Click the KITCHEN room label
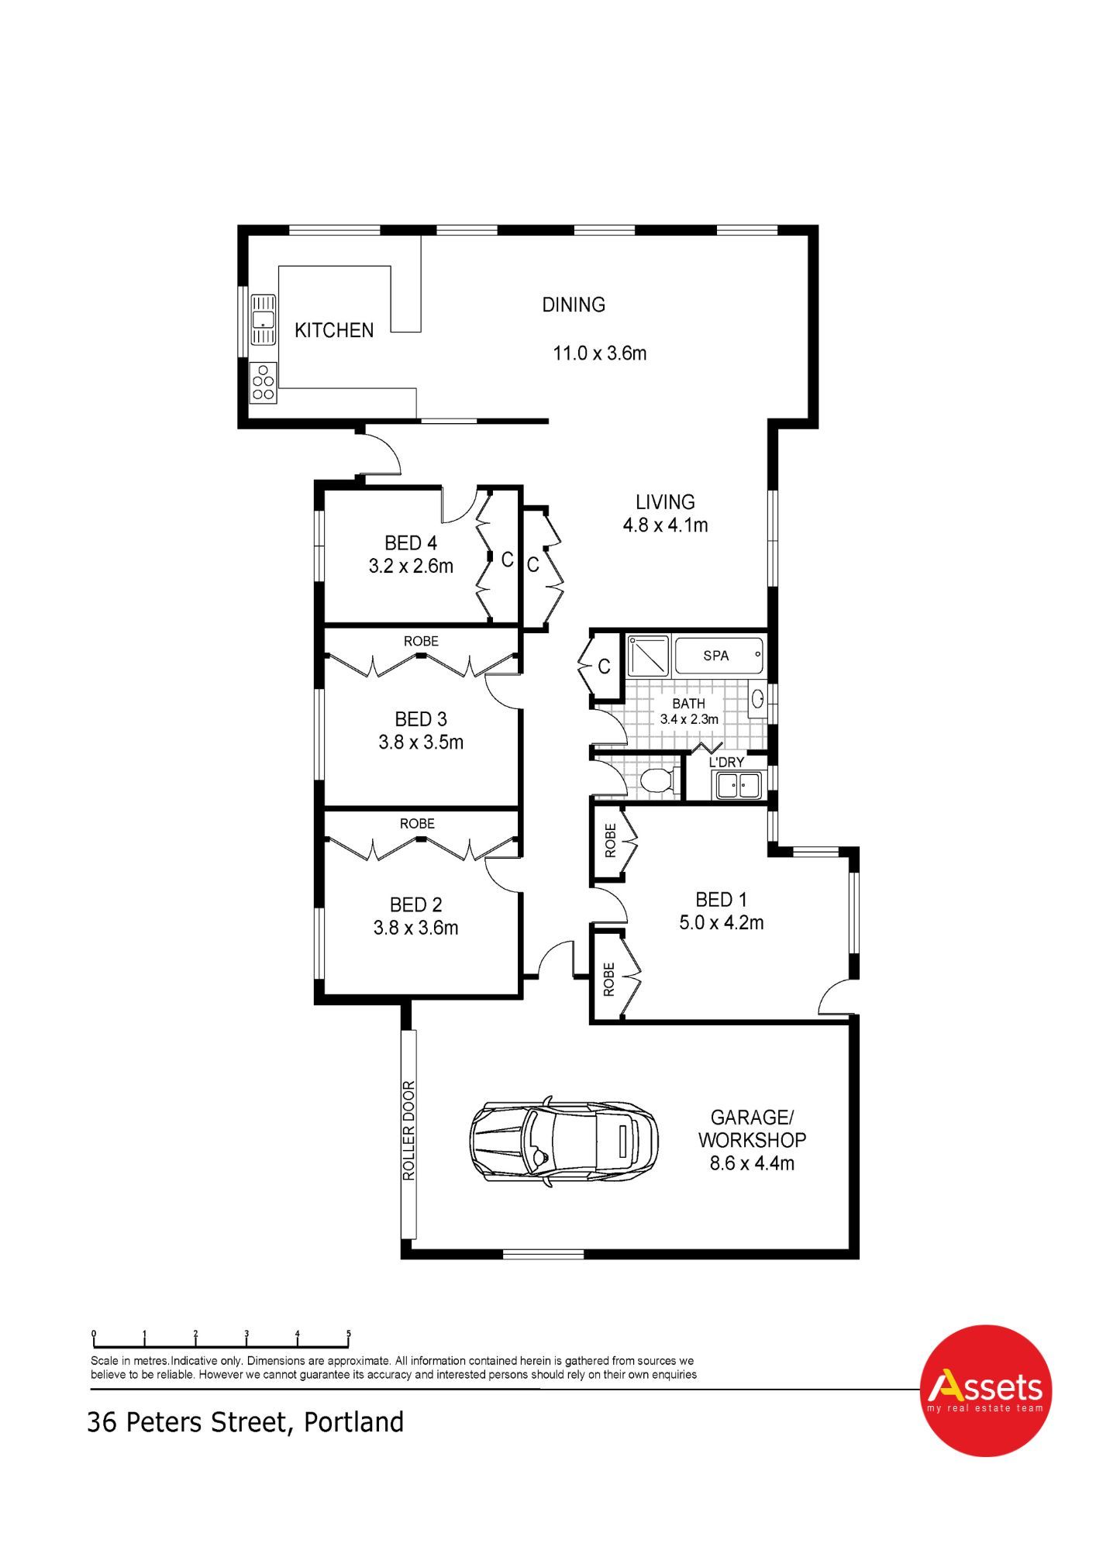334,331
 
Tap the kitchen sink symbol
264,319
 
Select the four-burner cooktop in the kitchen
264,381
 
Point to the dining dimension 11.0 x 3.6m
599,353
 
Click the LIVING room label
665,502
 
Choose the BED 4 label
411,543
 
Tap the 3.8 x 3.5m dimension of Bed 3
421,742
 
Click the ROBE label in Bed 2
417,823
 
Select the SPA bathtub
719,656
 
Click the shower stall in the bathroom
648,655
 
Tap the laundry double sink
737,785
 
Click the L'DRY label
726,763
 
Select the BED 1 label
721,900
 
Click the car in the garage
564,1141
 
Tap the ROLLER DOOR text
409,1131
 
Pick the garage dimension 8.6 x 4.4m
752,1163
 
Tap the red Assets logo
985,1390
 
